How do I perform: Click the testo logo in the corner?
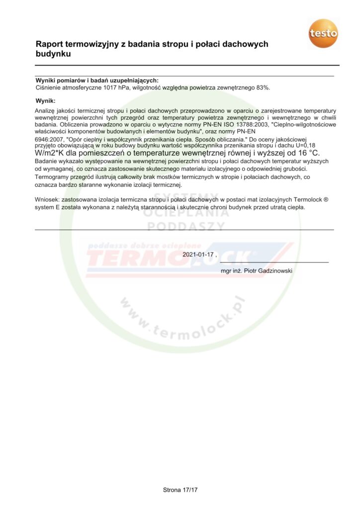[323, 34]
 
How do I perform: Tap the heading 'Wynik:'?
[45, 101]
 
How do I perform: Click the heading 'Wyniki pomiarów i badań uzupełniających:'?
[97, 81]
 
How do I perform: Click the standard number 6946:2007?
[49, 140]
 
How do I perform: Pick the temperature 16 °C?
[309, 153]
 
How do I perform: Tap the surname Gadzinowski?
[273, 271]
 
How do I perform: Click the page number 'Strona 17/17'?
[180, 490]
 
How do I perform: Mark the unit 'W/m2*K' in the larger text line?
[49, 153]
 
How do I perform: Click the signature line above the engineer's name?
[274, 262]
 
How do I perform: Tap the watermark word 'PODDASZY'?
[185, 227]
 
